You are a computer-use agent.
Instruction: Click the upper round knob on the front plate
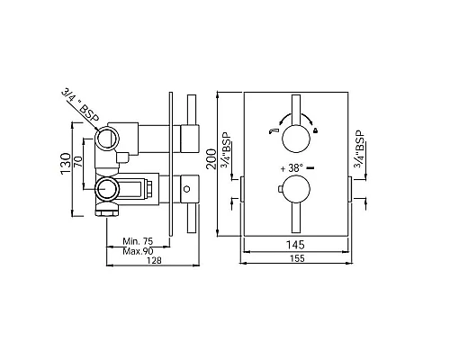tap(296, 139)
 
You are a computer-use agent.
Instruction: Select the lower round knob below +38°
tap(296, 191)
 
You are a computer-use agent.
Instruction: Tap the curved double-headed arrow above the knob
tap(296, 117)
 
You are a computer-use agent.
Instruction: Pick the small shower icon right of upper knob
tap(316, 132)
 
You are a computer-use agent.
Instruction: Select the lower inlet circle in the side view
tap(107, 189)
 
